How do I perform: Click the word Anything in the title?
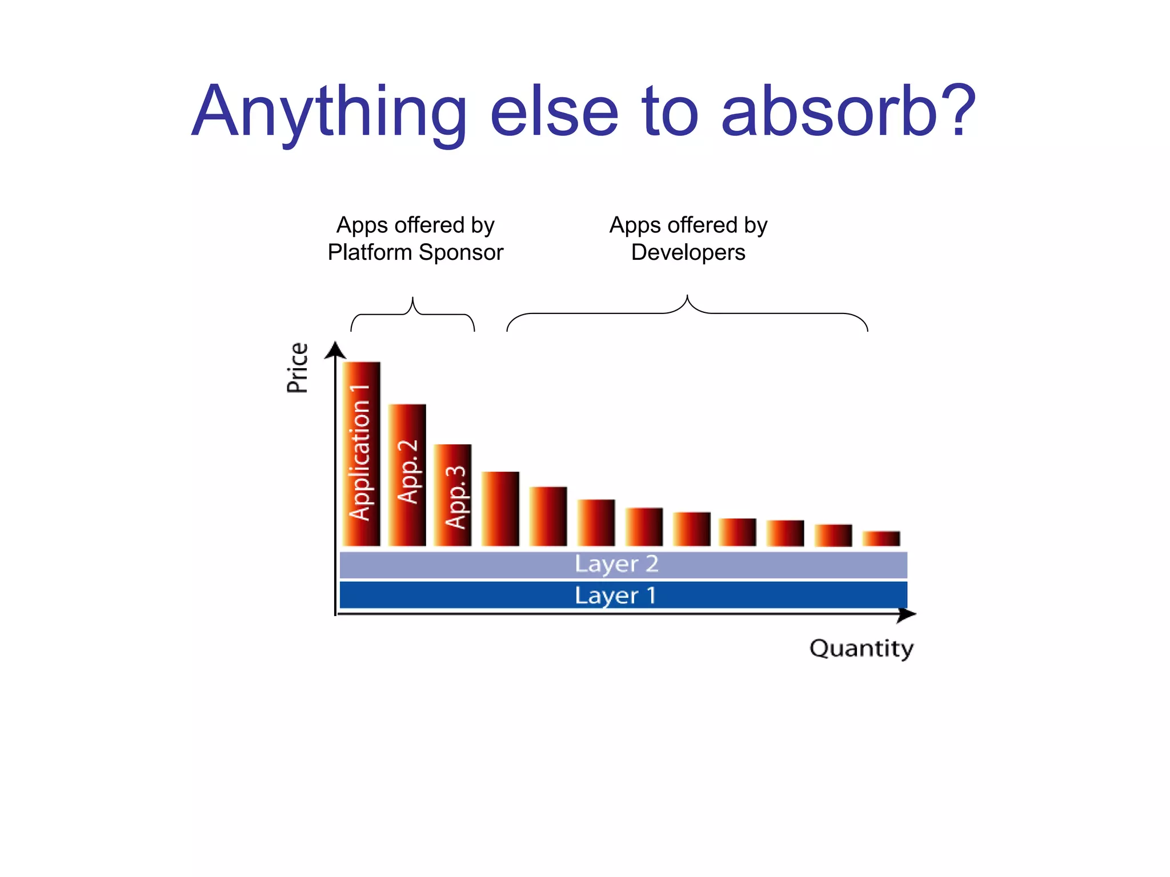[329, 112]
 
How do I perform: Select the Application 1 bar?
[361, 453]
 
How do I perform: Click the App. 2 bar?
[407, 474]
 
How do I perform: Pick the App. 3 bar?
[452, 494]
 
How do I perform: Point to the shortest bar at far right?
[881, 538]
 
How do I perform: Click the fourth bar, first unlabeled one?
[500, 508]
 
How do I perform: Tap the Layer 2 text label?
[616, 564]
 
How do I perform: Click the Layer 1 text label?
[615, 596]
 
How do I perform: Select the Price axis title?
[297, 368]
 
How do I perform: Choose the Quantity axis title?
[861, 649]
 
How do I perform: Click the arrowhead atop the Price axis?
[335, 349]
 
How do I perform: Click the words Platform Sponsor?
[415, 252]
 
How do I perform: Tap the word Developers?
[688, 252]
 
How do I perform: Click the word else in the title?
[554, 112]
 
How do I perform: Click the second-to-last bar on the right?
[833, 535]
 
